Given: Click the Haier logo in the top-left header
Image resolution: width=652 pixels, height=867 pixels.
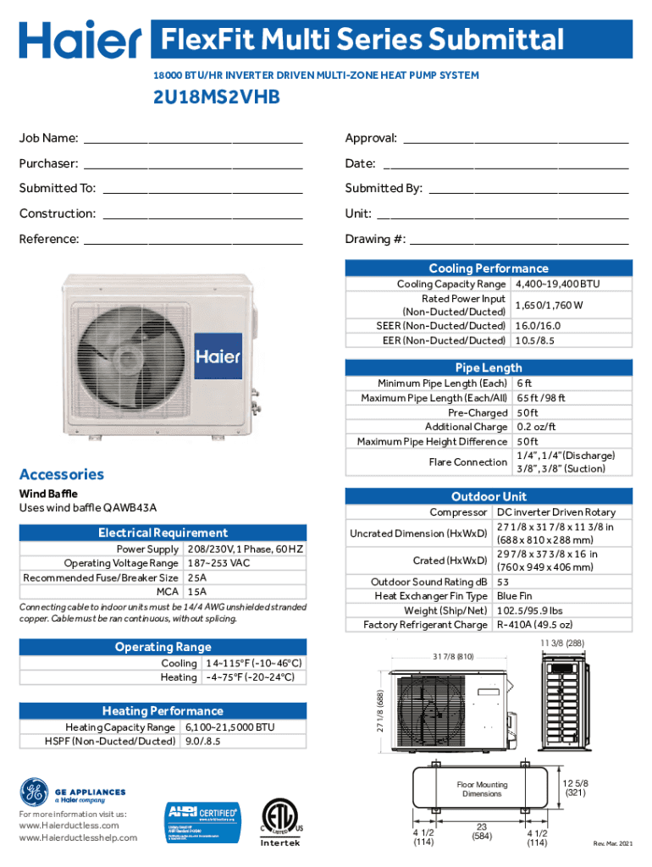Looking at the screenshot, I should pos(80,41).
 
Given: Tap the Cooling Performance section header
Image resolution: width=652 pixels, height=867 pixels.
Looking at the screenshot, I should pos(488,268).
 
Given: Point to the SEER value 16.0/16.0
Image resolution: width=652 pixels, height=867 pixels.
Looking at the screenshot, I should pos(538,325).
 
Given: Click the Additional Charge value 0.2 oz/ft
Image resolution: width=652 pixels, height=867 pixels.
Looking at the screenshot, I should pos(536,427).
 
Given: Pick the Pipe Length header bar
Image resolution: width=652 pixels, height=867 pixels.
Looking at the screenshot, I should pos(488,367).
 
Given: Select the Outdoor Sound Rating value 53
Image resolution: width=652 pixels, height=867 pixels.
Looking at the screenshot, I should pos(503,582).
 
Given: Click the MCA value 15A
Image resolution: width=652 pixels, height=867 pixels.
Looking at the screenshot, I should pos(197,592).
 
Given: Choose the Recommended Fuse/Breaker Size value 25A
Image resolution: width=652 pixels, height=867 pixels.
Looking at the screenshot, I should pos(197,577).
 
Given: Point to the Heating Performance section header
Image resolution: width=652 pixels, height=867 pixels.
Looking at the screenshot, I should pos(163,710).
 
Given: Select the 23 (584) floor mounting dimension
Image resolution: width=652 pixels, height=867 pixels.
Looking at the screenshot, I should pos(481,831).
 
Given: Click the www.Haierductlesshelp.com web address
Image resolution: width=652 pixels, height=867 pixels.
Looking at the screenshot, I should pos(77,838).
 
